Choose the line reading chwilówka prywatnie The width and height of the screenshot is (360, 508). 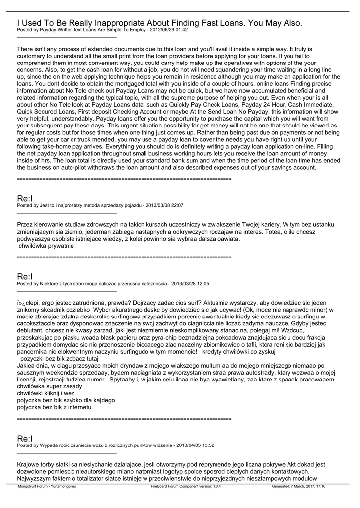pos(46,245)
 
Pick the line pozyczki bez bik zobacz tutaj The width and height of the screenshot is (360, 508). pos(60,358)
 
